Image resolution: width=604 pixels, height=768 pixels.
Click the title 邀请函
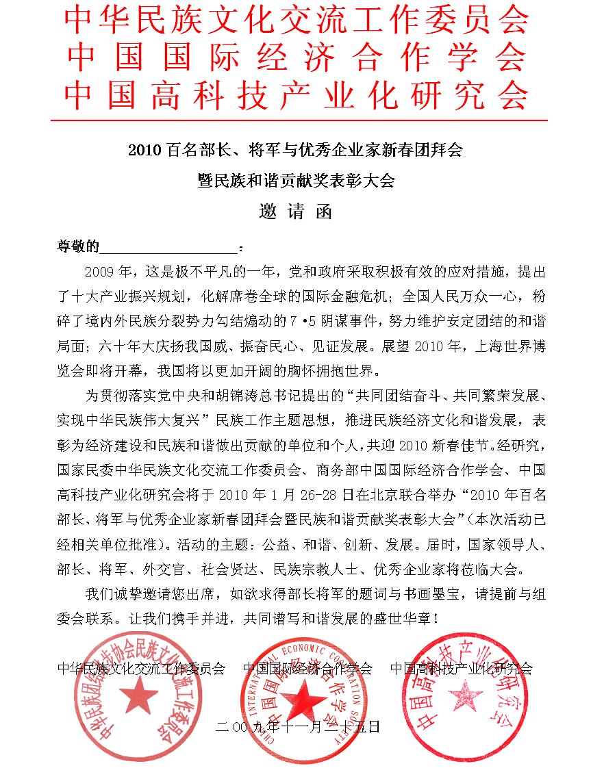point(295,212)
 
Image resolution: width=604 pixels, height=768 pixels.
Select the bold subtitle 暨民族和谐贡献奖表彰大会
point(295,181)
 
